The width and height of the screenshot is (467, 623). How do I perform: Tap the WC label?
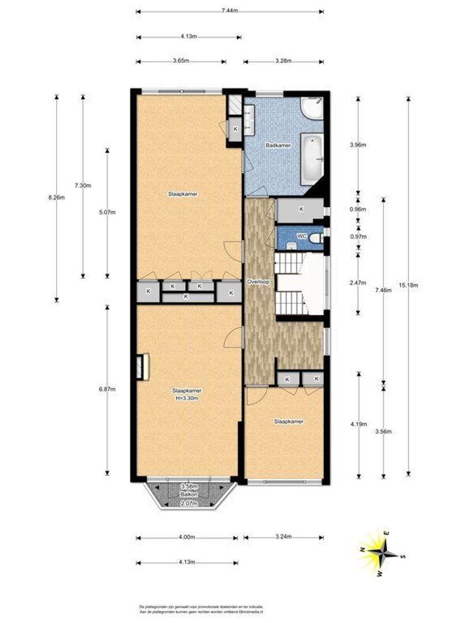[x=301, y=237]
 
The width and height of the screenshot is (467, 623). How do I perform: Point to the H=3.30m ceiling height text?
[x=186, y=398]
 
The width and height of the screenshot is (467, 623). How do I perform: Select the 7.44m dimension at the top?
[x=229, y=12]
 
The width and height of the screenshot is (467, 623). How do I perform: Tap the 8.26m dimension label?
[x=57, y=197]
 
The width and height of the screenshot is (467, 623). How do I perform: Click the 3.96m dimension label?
[x=359, y=145]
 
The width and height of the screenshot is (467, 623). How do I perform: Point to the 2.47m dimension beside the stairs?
[x=359, y=283]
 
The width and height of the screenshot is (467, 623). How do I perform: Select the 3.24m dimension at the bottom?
[x=283, y=538]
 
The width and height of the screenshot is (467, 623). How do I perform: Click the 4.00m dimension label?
[x=186, y=538]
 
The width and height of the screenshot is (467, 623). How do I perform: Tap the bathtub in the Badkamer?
[x=313, y=156]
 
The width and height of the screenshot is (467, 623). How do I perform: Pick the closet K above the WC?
[x=300, y=209]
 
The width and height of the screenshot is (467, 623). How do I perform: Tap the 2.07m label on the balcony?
[x=186, y=504]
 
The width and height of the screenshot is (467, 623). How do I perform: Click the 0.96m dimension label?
[x=359, y=209]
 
